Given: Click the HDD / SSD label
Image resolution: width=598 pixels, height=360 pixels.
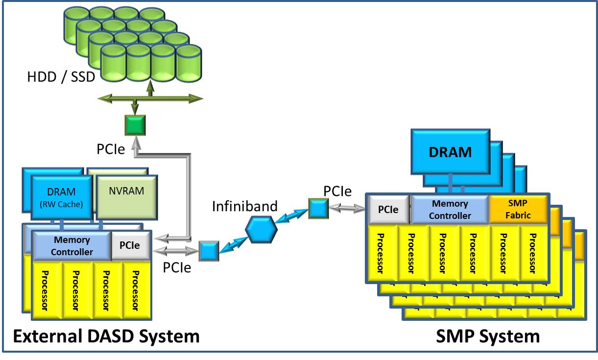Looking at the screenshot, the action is click(61, 77).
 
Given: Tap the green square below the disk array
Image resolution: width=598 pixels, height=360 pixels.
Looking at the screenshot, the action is click(135, 125).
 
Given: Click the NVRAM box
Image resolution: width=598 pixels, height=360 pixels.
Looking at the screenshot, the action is click(127, 197).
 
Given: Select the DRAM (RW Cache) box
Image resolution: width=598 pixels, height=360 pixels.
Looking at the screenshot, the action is click(62, 197).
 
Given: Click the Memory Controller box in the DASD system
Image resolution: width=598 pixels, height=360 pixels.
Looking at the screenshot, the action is click(72, 246).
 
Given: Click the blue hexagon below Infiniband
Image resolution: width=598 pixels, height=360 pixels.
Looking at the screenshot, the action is click(261, 229).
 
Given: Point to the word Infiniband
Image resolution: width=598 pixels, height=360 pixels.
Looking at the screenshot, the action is click(245, 206).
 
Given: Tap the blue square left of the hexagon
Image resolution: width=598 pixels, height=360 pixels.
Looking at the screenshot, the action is click(209, 251).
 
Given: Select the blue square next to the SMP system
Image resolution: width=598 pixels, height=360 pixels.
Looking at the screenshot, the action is click(318, 209).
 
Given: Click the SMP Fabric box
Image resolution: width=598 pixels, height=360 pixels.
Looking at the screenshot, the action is click(518, 209).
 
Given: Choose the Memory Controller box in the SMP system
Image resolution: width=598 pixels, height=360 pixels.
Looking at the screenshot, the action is click(450, 209).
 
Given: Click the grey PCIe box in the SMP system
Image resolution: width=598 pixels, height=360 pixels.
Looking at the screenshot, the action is click(389, 209).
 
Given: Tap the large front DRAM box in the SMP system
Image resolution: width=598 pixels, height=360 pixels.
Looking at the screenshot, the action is click(451, 152).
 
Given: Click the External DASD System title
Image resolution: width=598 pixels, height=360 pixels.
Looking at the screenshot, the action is click(106, 336).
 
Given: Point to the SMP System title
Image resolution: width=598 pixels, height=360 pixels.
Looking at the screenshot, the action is click(488, 336).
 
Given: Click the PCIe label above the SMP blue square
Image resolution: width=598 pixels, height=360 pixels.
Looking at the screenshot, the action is click(337, 191).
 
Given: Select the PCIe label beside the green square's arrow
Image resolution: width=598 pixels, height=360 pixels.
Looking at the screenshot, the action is click(111, 149).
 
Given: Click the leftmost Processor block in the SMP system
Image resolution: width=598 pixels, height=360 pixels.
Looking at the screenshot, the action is click(383, 253).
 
